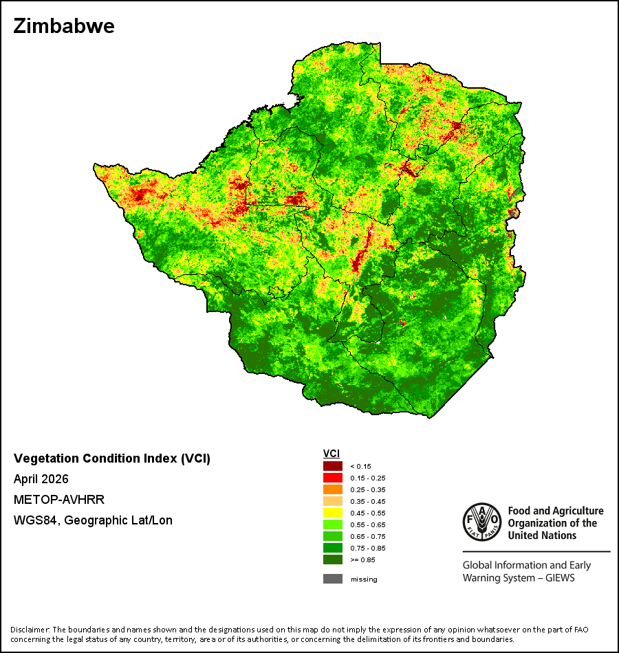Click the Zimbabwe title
click(x=64, y=26)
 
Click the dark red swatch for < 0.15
click(x=333, y=466)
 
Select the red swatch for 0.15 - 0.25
click(x=333, y=478)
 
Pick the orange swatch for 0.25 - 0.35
click(x=333, y=489)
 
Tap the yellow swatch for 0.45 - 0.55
click(x=333, y=513)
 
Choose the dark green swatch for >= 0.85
click(x=333, y=560)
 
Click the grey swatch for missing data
click(x=333, y=579)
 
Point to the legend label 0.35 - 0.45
click(x=368, y=501)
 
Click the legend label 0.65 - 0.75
click(x=368, y=536)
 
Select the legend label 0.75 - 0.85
click(x=368, y=548)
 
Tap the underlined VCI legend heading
click(x=332, y=454)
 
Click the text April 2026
click(x=41, y=479)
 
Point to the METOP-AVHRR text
click(x=58, y=499)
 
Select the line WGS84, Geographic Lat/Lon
click(x=93, y=520)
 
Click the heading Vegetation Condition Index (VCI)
click(x=112, y=458)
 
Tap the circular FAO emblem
click(x=482, y=522)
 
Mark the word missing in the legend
click(x=364, y=579)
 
